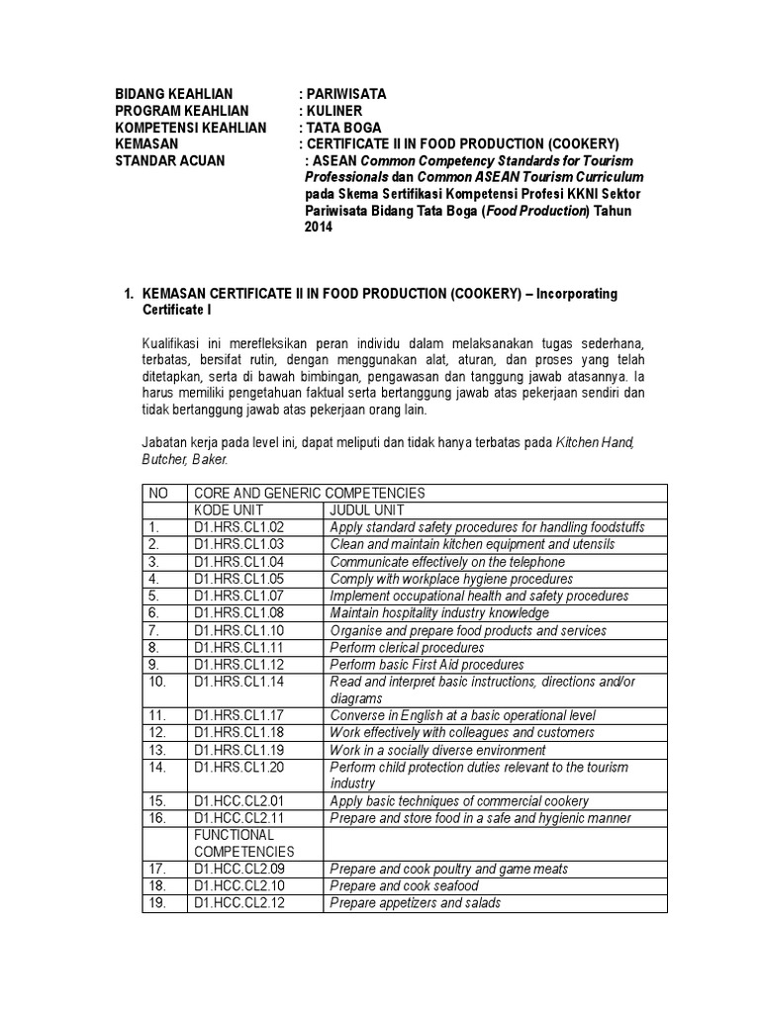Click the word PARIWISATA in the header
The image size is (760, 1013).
pyautogui.click(x=346, y=94)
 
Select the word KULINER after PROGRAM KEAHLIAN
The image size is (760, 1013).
pyautogui.click(x=335, y=111)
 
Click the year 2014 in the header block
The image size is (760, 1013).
pyautogui.click(x=320, y=228)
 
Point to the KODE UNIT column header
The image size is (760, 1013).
pyautogui.click(x=227, y=509)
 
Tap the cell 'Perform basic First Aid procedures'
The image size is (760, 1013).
pyautogui.click(x=427, y=665)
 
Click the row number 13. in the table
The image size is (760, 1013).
pyautogui.click(x=155, y=750)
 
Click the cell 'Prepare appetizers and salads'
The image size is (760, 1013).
pyautogui.click(x=415, y=902)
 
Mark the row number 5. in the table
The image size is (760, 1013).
pyautogui.click(x=153, y=596)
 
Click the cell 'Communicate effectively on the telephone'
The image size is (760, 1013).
pyautogui.click(x=447, y=562)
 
